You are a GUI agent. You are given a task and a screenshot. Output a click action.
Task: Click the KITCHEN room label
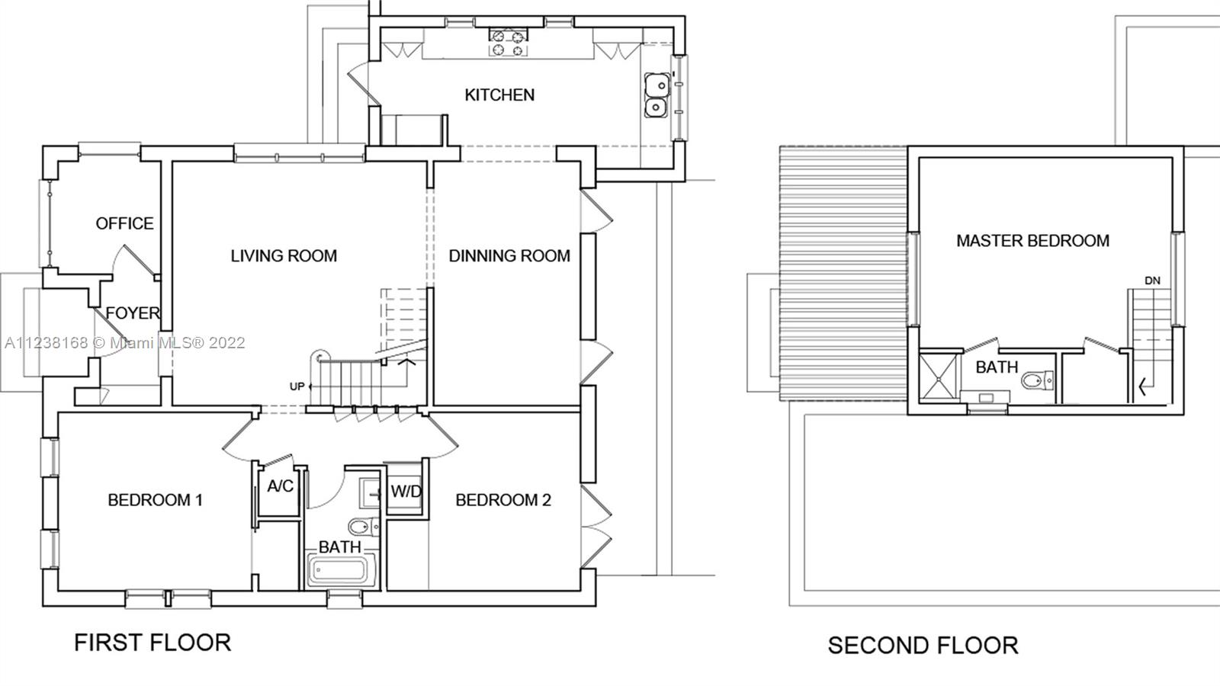[x=499, y=95]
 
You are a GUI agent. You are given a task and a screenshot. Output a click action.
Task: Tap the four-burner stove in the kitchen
[x=509, y=43]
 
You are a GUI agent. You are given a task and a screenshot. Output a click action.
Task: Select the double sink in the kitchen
[x=657, y=95]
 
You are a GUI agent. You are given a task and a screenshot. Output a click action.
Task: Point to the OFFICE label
[x=124, y=223]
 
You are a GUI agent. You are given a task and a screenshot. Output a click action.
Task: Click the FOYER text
[x=133, y=313]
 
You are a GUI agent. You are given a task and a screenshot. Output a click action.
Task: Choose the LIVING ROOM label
[x=284, y=256]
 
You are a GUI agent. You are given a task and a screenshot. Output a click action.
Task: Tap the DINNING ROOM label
[x=509, y=256]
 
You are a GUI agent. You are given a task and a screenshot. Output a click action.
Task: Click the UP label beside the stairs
[x=297, y=386]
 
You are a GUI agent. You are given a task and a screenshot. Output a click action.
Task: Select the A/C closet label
[x=281, y=486]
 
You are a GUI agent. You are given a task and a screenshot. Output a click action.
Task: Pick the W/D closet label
[x=406, y=492]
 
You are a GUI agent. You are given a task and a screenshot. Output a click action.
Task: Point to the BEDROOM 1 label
[x=156, y=500]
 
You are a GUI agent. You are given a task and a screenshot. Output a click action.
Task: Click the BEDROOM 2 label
[x=503, y=500]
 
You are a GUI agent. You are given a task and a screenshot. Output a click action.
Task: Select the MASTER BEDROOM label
[x=1032, y=241]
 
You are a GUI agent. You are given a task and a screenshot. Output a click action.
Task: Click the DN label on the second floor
[x=1152, y=281]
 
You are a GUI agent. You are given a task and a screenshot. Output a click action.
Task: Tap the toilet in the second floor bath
[x=1038, y=380]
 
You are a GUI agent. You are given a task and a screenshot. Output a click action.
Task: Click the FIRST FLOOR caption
[x=152, y=643]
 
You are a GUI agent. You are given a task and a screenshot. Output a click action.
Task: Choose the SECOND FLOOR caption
[x=923, y=646]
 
